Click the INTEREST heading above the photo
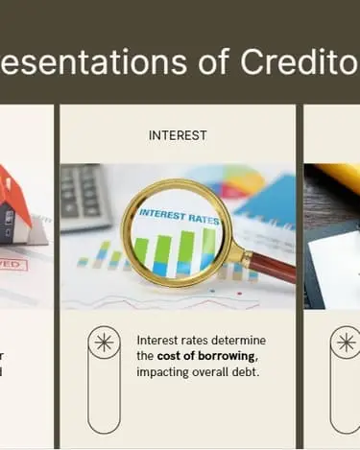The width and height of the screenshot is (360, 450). pyautogui.click(x=178, y=135)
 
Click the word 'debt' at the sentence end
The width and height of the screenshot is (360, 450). pyautogui.click(x=247, y=372)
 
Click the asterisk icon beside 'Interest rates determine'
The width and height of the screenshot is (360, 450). pyautogui.click(x=104, y=343)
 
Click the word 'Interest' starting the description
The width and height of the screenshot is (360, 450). pyautogui.click(x=157, y=341)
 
